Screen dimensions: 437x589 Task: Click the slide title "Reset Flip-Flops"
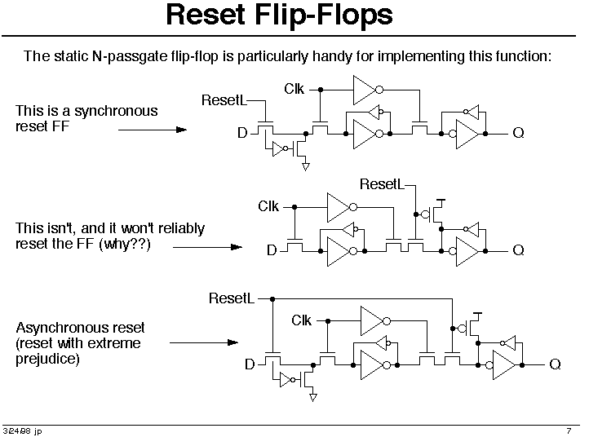279,15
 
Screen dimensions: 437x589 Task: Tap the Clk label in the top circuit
294,88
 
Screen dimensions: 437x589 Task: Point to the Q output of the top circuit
518,134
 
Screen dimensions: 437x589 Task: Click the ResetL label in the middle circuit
382,185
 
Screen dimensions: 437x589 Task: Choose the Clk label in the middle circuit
268,206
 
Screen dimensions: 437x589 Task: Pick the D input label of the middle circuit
272,250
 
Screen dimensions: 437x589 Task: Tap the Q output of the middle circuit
518,250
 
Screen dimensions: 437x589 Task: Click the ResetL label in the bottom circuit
231,298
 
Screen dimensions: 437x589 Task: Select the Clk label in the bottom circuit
302,320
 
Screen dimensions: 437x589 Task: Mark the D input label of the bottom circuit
250,364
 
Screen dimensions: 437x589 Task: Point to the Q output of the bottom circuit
555,364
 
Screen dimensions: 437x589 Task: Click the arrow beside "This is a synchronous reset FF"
147,129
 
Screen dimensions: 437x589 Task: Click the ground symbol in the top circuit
306,167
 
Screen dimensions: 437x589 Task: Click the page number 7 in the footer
568,430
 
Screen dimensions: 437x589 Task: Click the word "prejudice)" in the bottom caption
47,358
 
